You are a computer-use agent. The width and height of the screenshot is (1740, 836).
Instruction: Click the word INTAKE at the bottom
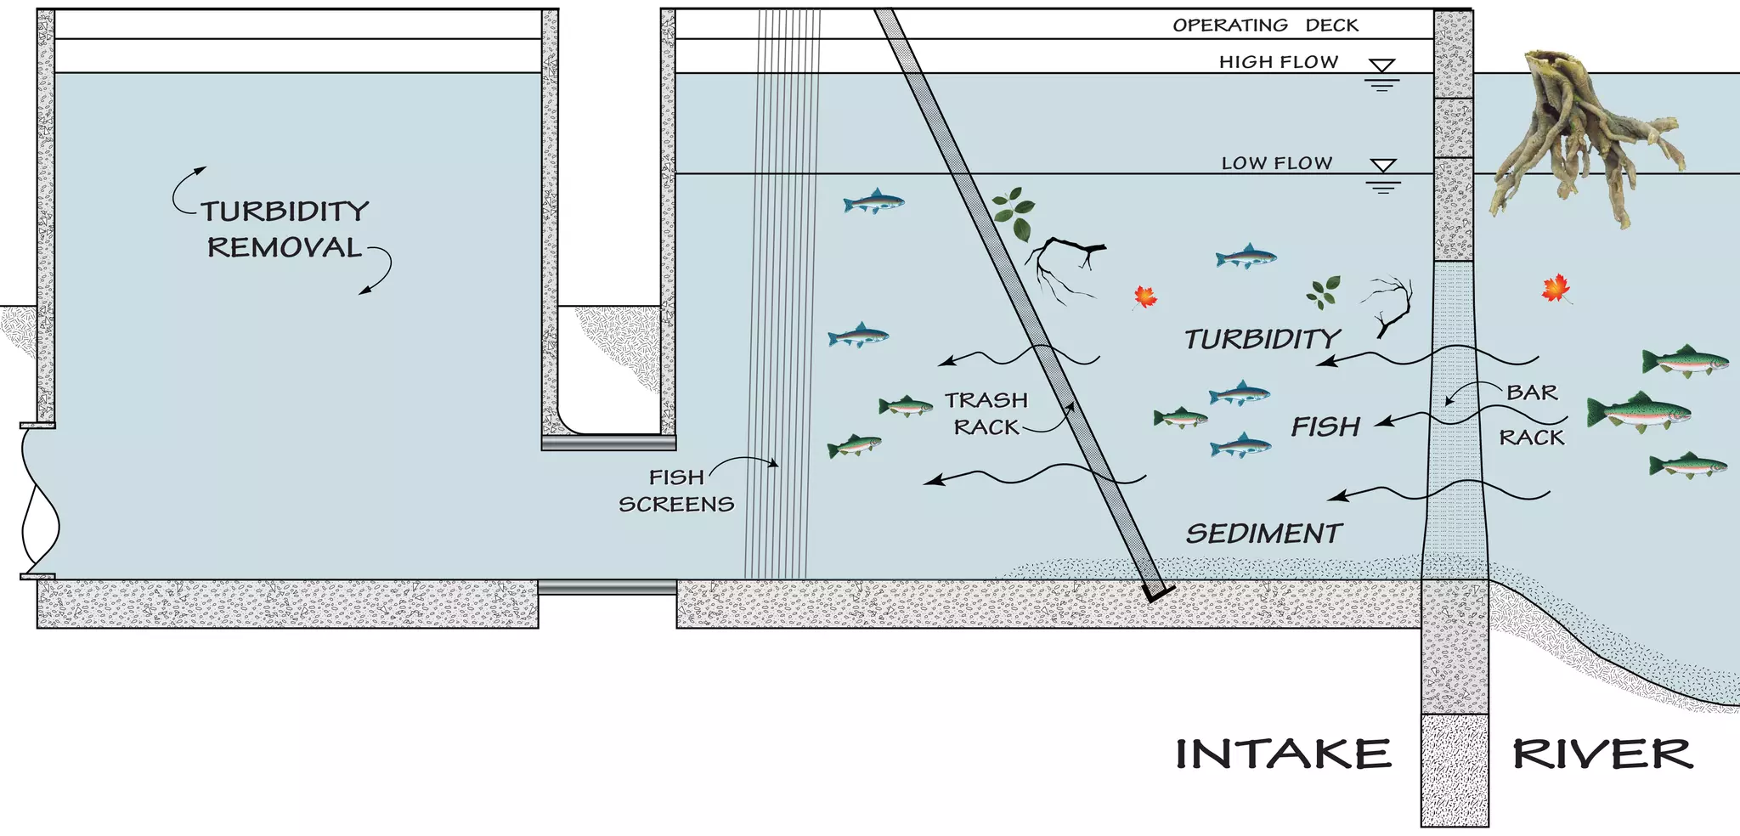tap(1283, 754)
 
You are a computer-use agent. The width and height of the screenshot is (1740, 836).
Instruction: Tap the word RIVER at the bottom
tap(1602, 754)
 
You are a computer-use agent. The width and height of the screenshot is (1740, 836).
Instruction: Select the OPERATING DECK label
tap(1265, 25)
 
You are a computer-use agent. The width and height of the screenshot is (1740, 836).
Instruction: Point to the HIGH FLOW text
tap(1278, 62)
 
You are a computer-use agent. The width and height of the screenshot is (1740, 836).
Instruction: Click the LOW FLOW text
tap(1276, 163)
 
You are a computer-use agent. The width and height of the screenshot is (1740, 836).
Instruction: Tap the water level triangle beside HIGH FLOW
tap(1382, 66)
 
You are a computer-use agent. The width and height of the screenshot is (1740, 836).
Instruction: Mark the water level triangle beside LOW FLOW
tap(1383, 166)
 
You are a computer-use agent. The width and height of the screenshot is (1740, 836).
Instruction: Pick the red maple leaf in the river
tap(1556, 289)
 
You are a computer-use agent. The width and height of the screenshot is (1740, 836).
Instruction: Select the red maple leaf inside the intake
tap(1145, 297)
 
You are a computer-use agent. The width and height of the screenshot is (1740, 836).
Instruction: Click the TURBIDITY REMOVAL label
tap(285, 229)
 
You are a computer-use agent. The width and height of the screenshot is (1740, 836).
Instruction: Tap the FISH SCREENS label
tap(676, 491)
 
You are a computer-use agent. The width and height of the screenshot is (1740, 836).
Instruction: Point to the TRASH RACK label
tap(986, 413)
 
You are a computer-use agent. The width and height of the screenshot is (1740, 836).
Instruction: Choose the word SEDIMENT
tap(1263, 534)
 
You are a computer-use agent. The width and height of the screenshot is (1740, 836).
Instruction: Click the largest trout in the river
tap(1638, 413)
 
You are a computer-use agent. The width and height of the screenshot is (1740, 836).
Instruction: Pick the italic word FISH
tap(1325, 426)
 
